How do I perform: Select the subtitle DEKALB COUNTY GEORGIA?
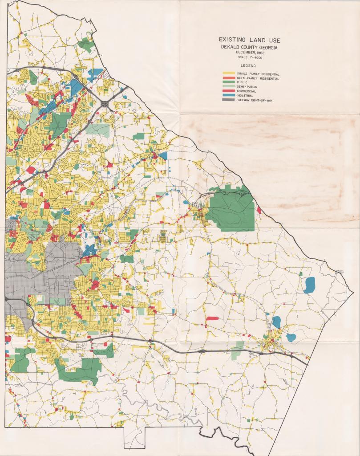pyautogui.click(x=249, y=47)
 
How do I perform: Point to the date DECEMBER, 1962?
pyautogui.click(x=249, y=53)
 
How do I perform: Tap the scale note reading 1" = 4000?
pyautogui.click(x=249, y=57)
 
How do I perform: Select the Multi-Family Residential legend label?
pyautogui.click(x=258, y=79)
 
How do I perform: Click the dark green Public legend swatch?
pyautogui.click(x=228, y=83)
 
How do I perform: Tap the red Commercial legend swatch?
pyautogui.click(x=228, y=91)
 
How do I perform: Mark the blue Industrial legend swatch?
pyautogui.click(x=228, y=96)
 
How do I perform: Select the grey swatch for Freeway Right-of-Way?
pyautogui.click(x=228, y=100)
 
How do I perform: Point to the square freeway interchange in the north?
pyautogui.click(x=105, y=104)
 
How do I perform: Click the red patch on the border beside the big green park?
pyautogui.click(x=259, y=210)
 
